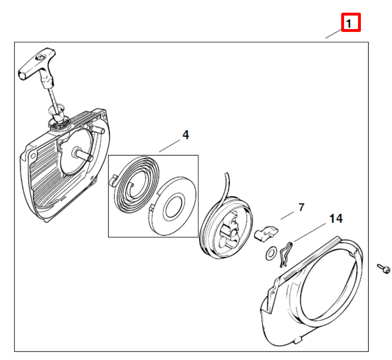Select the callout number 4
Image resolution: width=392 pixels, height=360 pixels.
(186, 135)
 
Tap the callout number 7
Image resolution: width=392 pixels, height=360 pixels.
(301, 207)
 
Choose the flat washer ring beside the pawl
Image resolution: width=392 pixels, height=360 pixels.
(270, 254)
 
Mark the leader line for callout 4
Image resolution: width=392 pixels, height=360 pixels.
(169, 146)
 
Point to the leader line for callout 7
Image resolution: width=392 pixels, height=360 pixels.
(287, 216)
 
